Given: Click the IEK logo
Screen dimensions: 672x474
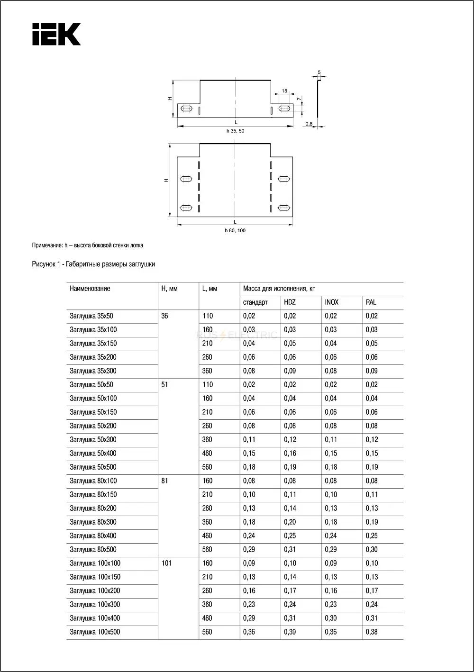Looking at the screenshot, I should point(56,34).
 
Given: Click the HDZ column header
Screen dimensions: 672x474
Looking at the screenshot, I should point(290,302).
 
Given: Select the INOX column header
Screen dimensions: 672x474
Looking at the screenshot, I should point(332,302).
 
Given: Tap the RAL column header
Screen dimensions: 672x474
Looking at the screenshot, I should point(371,302).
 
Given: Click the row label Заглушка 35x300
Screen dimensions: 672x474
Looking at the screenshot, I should point(93,371).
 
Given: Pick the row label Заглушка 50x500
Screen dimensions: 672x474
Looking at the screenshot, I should point(93,467).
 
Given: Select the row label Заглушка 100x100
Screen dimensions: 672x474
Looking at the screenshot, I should point(95,563).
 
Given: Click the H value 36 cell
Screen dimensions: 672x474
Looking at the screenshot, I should point(164,316).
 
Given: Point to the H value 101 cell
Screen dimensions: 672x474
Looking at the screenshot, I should point(166,563).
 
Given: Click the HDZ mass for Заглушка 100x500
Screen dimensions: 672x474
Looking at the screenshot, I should point(290,632).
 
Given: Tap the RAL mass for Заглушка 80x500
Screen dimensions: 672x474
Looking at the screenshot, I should point(372,550).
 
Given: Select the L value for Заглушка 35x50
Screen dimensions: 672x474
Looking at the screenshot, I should point(208,316).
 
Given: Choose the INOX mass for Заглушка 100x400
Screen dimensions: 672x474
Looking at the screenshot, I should point(331,618).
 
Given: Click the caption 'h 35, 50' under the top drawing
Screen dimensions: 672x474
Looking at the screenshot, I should point(235,131).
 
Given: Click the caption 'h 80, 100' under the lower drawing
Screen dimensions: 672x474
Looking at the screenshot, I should point(235,231).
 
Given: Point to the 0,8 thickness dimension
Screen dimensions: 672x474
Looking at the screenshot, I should point(309,124).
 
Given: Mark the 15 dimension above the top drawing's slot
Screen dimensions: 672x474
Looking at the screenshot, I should point(284,91).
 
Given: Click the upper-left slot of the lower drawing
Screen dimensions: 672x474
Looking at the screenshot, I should point(186,179).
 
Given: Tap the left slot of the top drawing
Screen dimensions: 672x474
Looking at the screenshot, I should point(187,109).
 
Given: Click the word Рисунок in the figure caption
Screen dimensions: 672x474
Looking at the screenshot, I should point(43,264).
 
